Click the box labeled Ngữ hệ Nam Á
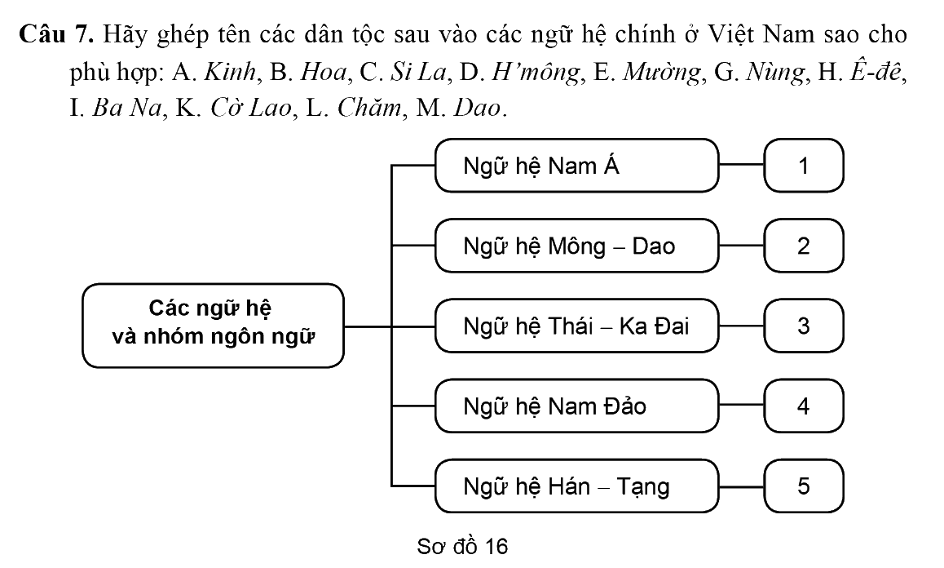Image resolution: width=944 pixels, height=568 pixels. [577, 166]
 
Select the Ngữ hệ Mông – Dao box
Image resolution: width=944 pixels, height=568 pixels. [577, 246]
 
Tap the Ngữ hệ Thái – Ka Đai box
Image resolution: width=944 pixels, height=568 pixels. [577, 326]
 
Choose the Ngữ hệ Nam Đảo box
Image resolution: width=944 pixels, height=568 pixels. [577, 406]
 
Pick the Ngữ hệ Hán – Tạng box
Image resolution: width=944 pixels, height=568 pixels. [577, 486]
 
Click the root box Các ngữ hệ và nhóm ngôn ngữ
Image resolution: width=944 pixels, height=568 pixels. [213, 326]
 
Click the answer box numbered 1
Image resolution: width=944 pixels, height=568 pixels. [804, 166]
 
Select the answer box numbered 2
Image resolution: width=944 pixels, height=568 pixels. [804, 246]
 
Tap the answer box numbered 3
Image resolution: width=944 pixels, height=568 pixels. [804, 326]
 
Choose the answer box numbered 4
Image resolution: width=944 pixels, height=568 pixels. [804, 406]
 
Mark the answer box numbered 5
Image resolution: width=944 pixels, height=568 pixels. [804, 486]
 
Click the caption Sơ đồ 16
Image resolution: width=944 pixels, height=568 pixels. [462, 546]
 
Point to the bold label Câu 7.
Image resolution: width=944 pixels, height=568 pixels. [56, 34]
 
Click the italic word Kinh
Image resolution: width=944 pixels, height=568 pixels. [231, 72]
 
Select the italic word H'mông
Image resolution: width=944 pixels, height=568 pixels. [536, 73]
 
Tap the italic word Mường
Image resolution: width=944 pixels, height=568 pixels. [662, 73]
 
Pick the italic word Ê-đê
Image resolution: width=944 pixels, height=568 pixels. [876, 72]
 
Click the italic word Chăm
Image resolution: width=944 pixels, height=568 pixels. [368, 108]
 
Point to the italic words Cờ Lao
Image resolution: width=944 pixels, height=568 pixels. [251, 108]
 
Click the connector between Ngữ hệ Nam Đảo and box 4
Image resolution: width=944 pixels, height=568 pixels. [742, 406]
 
